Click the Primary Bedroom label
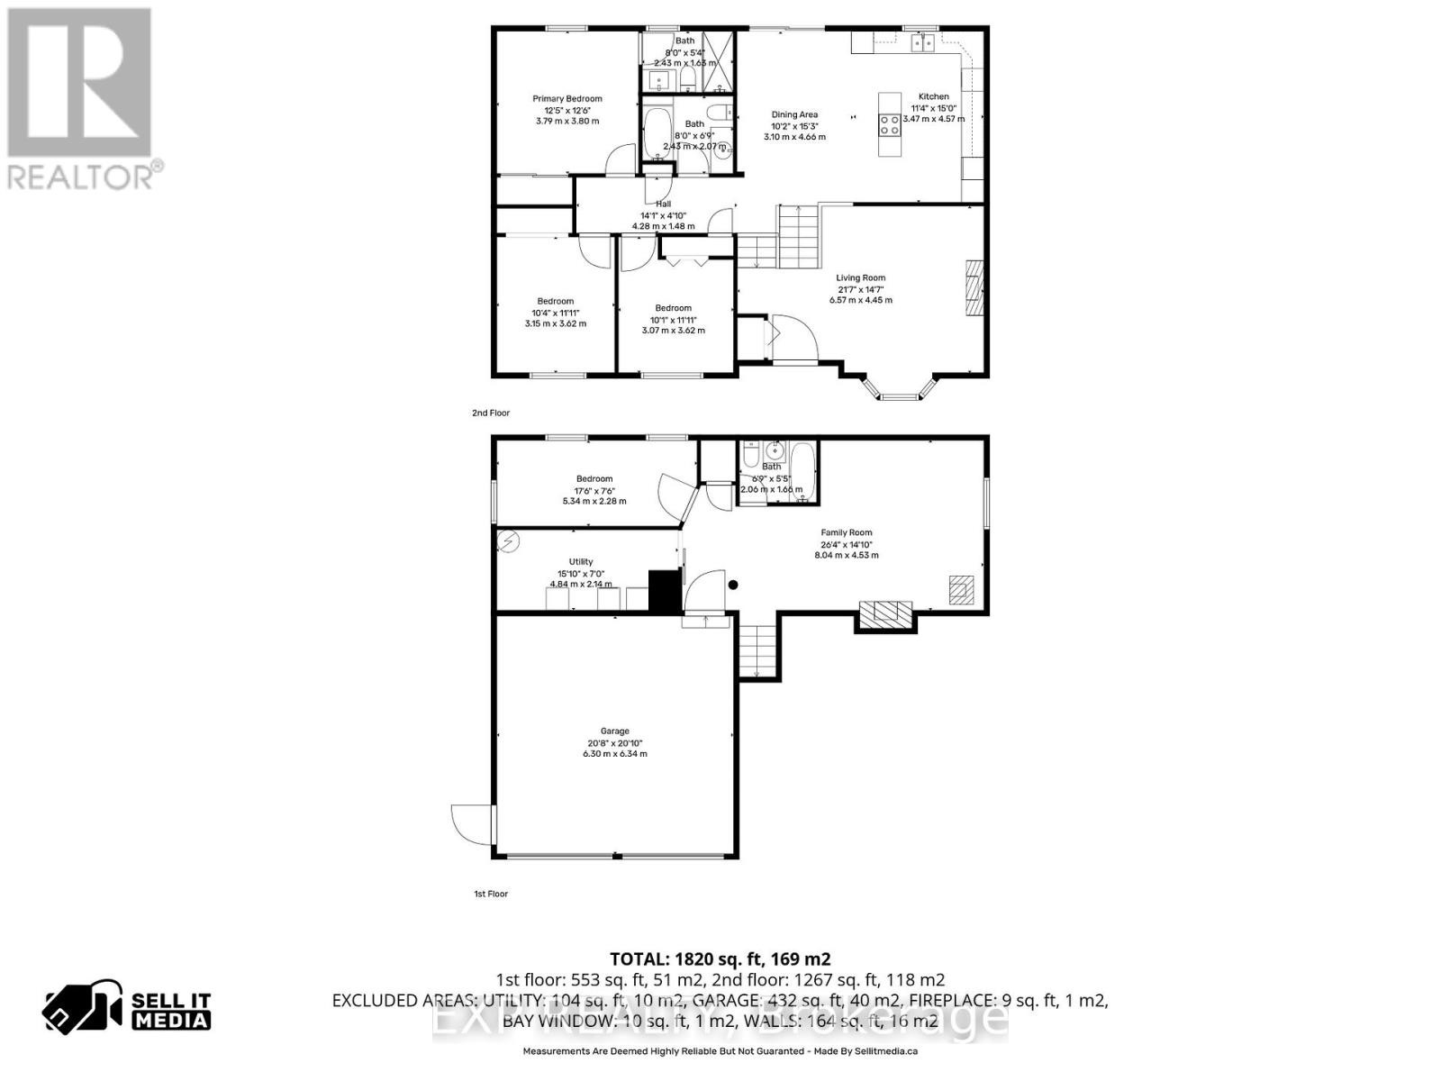click(x=566, y=99)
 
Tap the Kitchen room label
click(x=933, y=96)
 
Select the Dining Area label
click(x=794, y=114)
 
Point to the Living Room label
click(x=860, y=278)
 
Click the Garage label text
click(x=615, y=731)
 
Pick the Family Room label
click(x=846, y=532)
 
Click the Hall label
click(x=663, y=204)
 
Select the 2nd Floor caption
click(x=491, y=413)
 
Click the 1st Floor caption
click(x=491, y=894)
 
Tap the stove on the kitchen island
click(x=890, y=124)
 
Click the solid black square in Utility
click(x=666, y=592)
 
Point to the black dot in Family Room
click(x=733, y=585)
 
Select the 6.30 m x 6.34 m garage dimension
click(x=615, y=754)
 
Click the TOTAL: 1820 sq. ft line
click(x=720, y=959)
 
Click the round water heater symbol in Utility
click(x=510, y=541)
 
